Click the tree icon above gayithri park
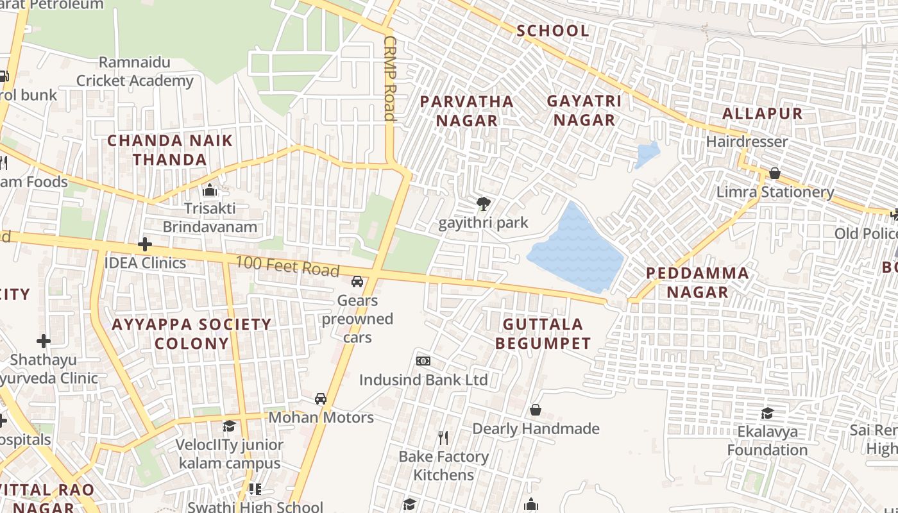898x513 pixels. click(x=483, y=205)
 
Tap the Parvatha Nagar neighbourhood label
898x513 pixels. click(x=466, y=111)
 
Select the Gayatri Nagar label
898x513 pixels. click(x=584, y=110)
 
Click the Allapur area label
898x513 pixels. click(x=762, y=114)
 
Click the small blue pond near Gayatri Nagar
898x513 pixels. click(x=647, y=155)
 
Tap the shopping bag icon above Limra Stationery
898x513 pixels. click(x=774, y=173)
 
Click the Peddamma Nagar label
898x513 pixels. click(x=697, y=282)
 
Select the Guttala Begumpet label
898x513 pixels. click(x=543, y=333)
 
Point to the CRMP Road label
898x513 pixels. click(x=389, y=78)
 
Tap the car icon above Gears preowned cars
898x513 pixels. click(x=357, y=281)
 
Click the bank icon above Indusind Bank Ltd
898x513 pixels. click(x=423, y=361)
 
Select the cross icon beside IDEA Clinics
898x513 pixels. click(x=145, y=244)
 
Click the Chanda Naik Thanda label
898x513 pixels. click(x=170, y=149)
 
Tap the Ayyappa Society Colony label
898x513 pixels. click(x=191, y=333)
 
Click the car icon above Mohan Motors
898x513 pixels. click(x=320, y=399)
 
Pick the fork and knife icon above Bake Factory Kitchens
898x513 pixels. click(x=443, y=438)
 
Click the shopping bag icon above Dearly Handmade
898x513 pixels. click(x=535, y=410)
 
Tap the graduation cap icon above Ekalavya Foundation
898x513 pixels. click(x=767, y=413)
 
